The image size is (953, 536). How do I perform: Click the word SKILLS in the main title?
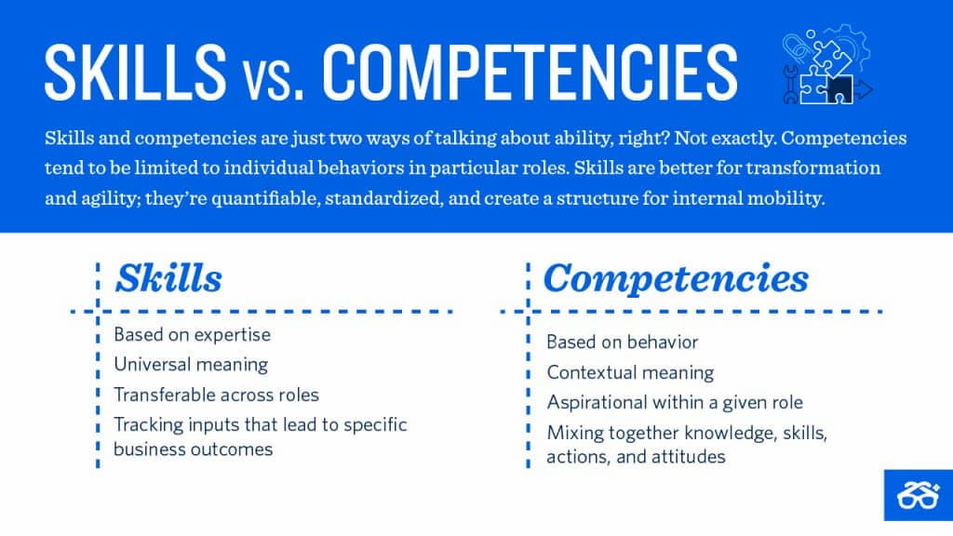(135, 70)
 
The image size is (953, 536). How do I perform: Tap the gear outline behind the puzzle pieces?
(842, 42)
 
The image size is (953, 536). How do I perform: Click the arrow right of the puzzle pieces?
(865, 89)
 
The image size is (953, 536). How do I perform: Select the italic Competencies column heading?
(676, 278)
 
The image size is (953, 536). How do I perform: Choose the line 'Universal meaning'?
(190, 364)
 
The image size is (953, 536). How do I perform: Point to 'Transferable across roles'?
(216, 394)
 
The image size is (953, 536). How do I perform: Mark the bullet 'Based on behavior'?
(622, 342)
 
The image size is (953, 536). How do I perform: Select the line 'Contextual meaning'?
(629, 372)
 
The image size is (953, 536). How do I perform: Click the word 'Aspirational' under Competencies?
(597, 403)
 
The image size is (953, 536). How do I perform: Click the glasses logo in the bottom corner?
(918, 495)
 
